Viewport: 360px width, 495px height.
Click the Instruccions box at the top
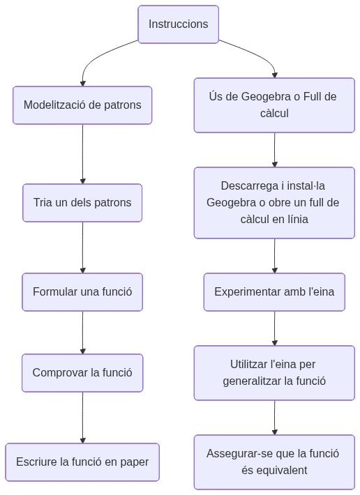click(178, 24)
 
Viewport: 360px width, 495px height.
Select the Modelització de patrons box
click(82, 105)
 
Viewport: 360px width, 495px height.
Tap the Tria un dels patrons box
click(82, 203)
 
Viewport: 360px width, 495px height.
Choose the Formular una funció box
click(82, 291)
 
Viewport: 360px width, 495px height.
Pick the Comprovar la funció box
click(82, 373)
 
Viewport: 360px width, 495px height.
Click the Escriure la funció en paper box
click(82, 462)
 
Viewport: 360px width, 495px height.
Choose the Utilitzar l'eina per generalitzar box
click(274, 373)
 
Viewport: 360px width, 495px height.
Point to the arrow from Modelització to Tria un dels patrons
click(82, 153)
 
